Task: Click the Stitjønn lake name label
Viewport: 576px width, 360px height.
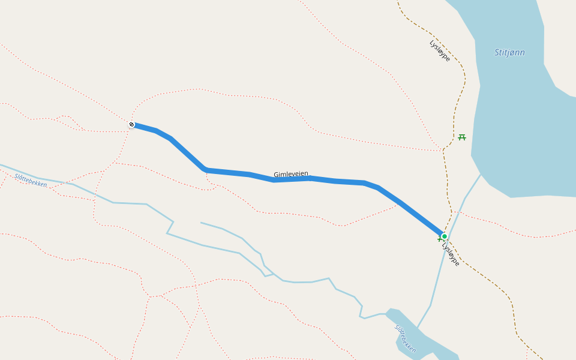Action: coord(509,53)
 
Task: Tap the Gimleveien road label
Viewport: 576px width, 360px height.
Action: coord(291,174)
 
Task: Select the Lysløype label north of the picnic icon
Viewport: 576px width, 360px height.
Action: coord(440,51)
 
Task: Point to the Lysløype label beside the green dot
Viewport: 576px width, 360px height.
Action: coord(451,254)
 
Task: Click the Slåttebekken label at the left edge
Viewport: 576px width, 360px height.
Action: coord(31,181)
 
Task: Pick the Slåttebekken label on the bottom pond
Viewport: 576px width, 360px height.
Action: coord(406,338)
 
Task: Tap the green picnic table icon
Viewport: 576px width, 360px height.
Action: coord(462,137)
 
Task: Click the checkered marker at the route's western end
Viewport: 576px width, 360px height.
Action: coord(131,125)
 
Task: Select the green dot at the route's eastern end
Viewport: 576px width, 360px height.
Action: coord(445,236)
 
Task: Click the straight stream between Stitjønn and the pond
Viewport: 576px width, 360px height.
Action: coord(438,282)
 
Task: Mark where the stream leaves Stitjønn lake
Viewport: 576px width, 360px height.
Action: coord(481,175)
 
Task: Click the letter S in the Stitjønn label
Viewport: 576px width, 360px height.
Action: coord(497,53)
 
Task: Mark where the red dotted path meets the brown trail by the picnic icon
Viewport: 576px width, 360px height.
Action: coord(443,150)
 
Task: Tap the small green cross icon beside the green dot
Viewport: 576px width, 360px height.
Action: coord(440,239)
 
